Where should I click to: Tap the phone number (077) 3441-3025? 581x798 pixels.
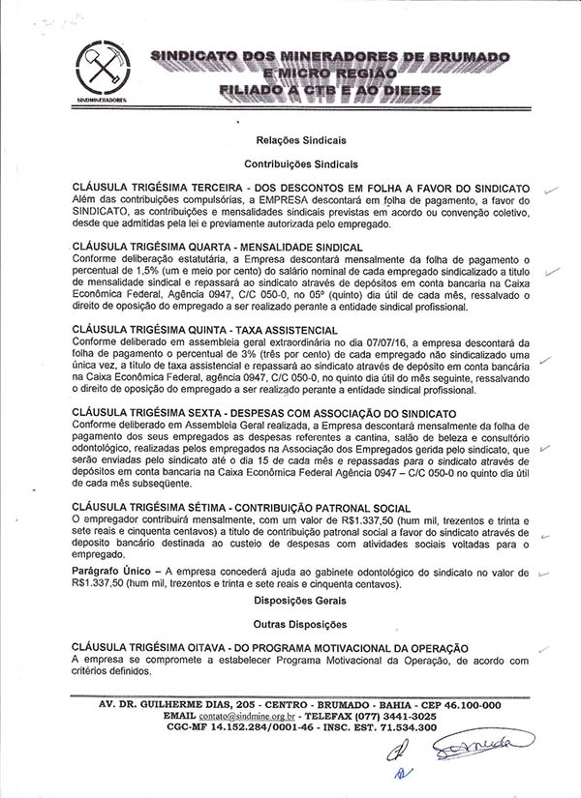(416, 717)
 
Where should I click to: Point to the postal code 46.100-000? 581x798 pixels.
(459, 705)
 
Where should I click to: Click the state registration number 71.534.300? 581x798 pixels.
(400, 727)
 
